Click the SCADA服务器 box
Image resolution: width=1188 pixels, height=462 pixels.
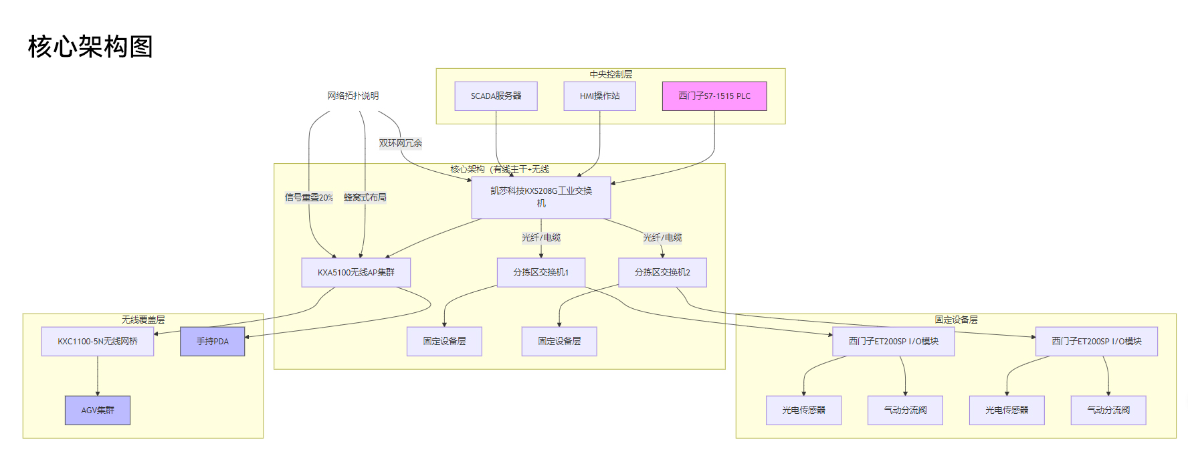[x=496, y=96]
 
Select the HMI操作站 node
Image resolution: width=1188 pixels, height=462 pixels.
[x=599, y=96]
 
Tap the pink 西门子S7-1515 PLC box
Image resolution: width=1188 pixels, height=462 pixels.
[x=714, y=96]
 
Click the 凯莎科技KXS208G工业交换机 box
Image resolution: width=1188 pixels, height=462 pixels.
[x=540, y=197]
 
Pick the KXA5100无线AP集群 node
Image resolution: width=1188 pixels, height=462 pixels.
[x=356, y=273]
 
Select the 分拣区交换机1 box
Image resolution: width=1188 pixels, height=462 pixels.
[x=540, y=273]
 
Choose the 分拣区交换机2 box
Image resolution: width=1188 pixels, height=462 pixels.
[x=662, y=273]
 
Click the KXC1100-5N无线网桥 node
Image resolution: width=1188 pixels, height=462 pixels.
[x=98, y=342]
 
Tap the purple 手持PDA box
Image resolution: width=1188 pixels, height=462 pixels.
[x=212, y=342]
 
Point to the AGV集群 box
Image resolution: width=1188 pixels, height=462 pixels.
[x=98, y=411]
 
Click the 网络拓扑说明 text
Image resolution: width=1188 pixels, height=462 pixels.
[x=353, y=96]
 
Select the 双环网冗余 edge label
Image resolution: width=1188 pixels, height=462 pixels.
[x=400, y=143]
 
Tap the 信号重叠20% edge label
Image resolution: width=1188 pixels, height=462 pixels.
[x=308, y=197]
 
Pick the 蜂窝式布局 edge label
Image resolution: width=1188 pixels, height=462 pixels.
[x=365, y=197]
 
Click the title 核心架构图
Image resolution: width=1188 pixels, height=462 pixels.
[x=90, y=47]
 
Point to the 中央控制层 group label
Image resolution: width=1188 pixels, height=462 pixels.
[x=610, y=74]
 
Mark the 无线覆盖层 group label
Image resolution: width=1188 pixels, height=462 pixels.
[x=142, y=320]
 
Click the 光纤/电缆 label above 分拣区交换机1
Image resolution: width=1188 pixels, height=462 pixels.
[x=540, y=237]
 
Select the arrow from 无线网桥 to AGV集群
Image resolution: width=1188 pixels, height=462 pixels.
[x=98, y=376]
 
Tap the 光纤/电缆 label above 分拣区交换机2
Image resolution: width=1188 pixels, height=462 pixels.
[x=662, y=237]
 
